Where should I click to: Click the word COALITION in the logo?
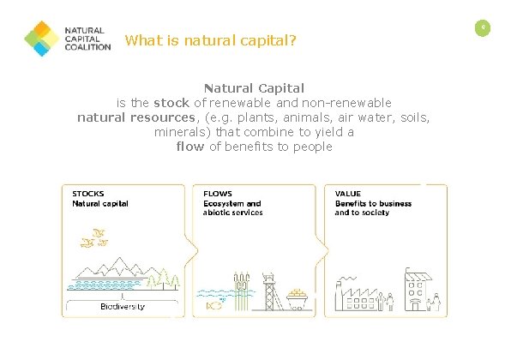pyautogui.click(x=88, y=48)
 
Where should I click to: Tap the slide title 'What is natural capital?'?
pyautogui.click(x=210, y=40)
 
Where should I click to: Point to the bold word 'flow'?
pyautogui.click(x=190, y=147)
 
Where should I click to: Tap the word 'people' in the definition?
pyautogui.click(x=312, y=147)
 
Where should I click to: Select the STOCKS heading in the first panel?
pyautogui.click(x=87, y=194)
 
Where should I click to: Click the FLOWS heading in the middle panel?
pyautogui.click(x=217, y=194)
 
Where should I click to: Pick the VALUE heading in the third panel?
pyautogui.click(x=348, y=194)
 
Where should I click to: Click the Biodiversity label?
pyautogui.click(x=123, y=306)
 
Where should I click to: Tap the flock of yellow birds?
pyautogui.click(x=94, y=237)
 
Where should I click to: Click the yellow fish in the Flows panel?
pyautogui.click(x=211, y=304)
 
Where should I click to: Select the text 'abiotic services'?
pyautogui.click(x=232, y=213)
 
